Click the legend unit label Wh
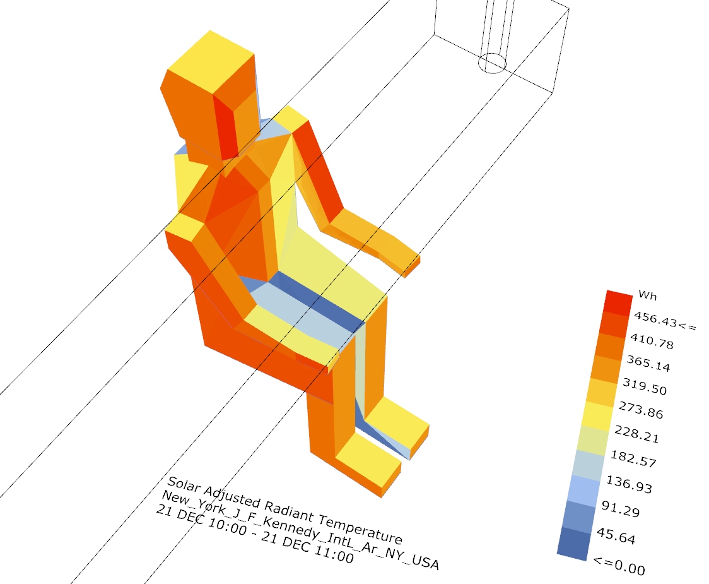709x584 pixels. [x=647, y=295]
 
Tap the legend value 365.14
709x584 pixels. [x=648, y=363]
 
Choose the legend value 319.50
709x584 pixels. [x=644, y=386]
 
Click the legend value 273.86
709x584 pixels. [x=641, y=410]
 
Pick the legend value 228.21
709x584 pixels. [x=636, y=434]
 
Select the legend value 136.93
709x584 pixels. [x=629, y=484]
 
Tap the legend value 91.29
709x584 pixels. [x=621, y=510]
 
